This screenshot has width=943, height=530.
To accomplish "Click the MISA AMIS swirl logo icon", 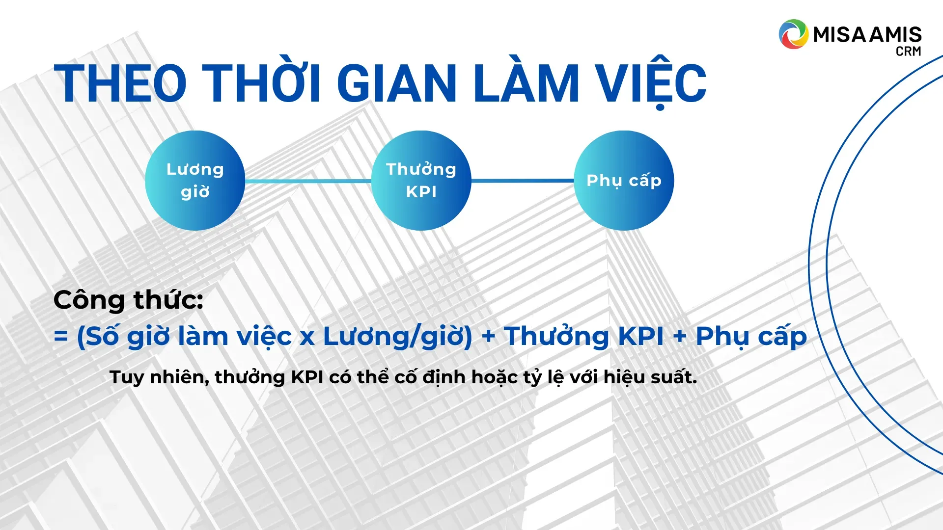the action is coord(793,34).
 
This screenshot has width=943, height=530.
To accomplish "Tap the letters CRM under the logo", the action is coord(908,51).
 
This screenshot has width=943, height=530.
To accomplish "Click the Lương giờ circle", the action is coord(195,181).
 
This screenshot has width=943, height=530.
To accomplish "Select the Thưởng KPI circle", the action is coord(421,181).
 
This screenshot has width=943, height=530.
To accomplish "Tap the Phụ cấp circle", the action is coord(624,181).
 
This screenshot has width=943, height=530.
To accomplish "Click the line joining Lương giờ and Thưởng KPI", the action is coord(308,181).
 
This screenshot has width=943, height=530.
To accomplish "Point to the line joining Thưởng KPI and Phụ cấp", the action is coord(523,181).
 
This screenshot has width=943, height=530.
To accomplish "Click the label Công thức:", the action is coord(128,299).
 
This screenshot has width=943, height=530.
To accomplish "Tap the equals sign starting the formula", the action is coord(61,337).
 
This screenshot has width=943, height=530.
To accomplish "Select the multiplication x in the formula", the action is coord(307,338).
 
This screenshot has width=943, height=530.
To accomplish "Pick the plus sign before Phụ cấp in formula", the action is coord(680,337).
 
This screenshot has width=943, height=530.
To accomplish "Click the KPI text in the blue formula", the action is coord(641,336).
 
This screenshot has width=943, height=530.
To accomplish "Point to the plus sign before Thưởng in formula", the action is coord(488,337).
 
